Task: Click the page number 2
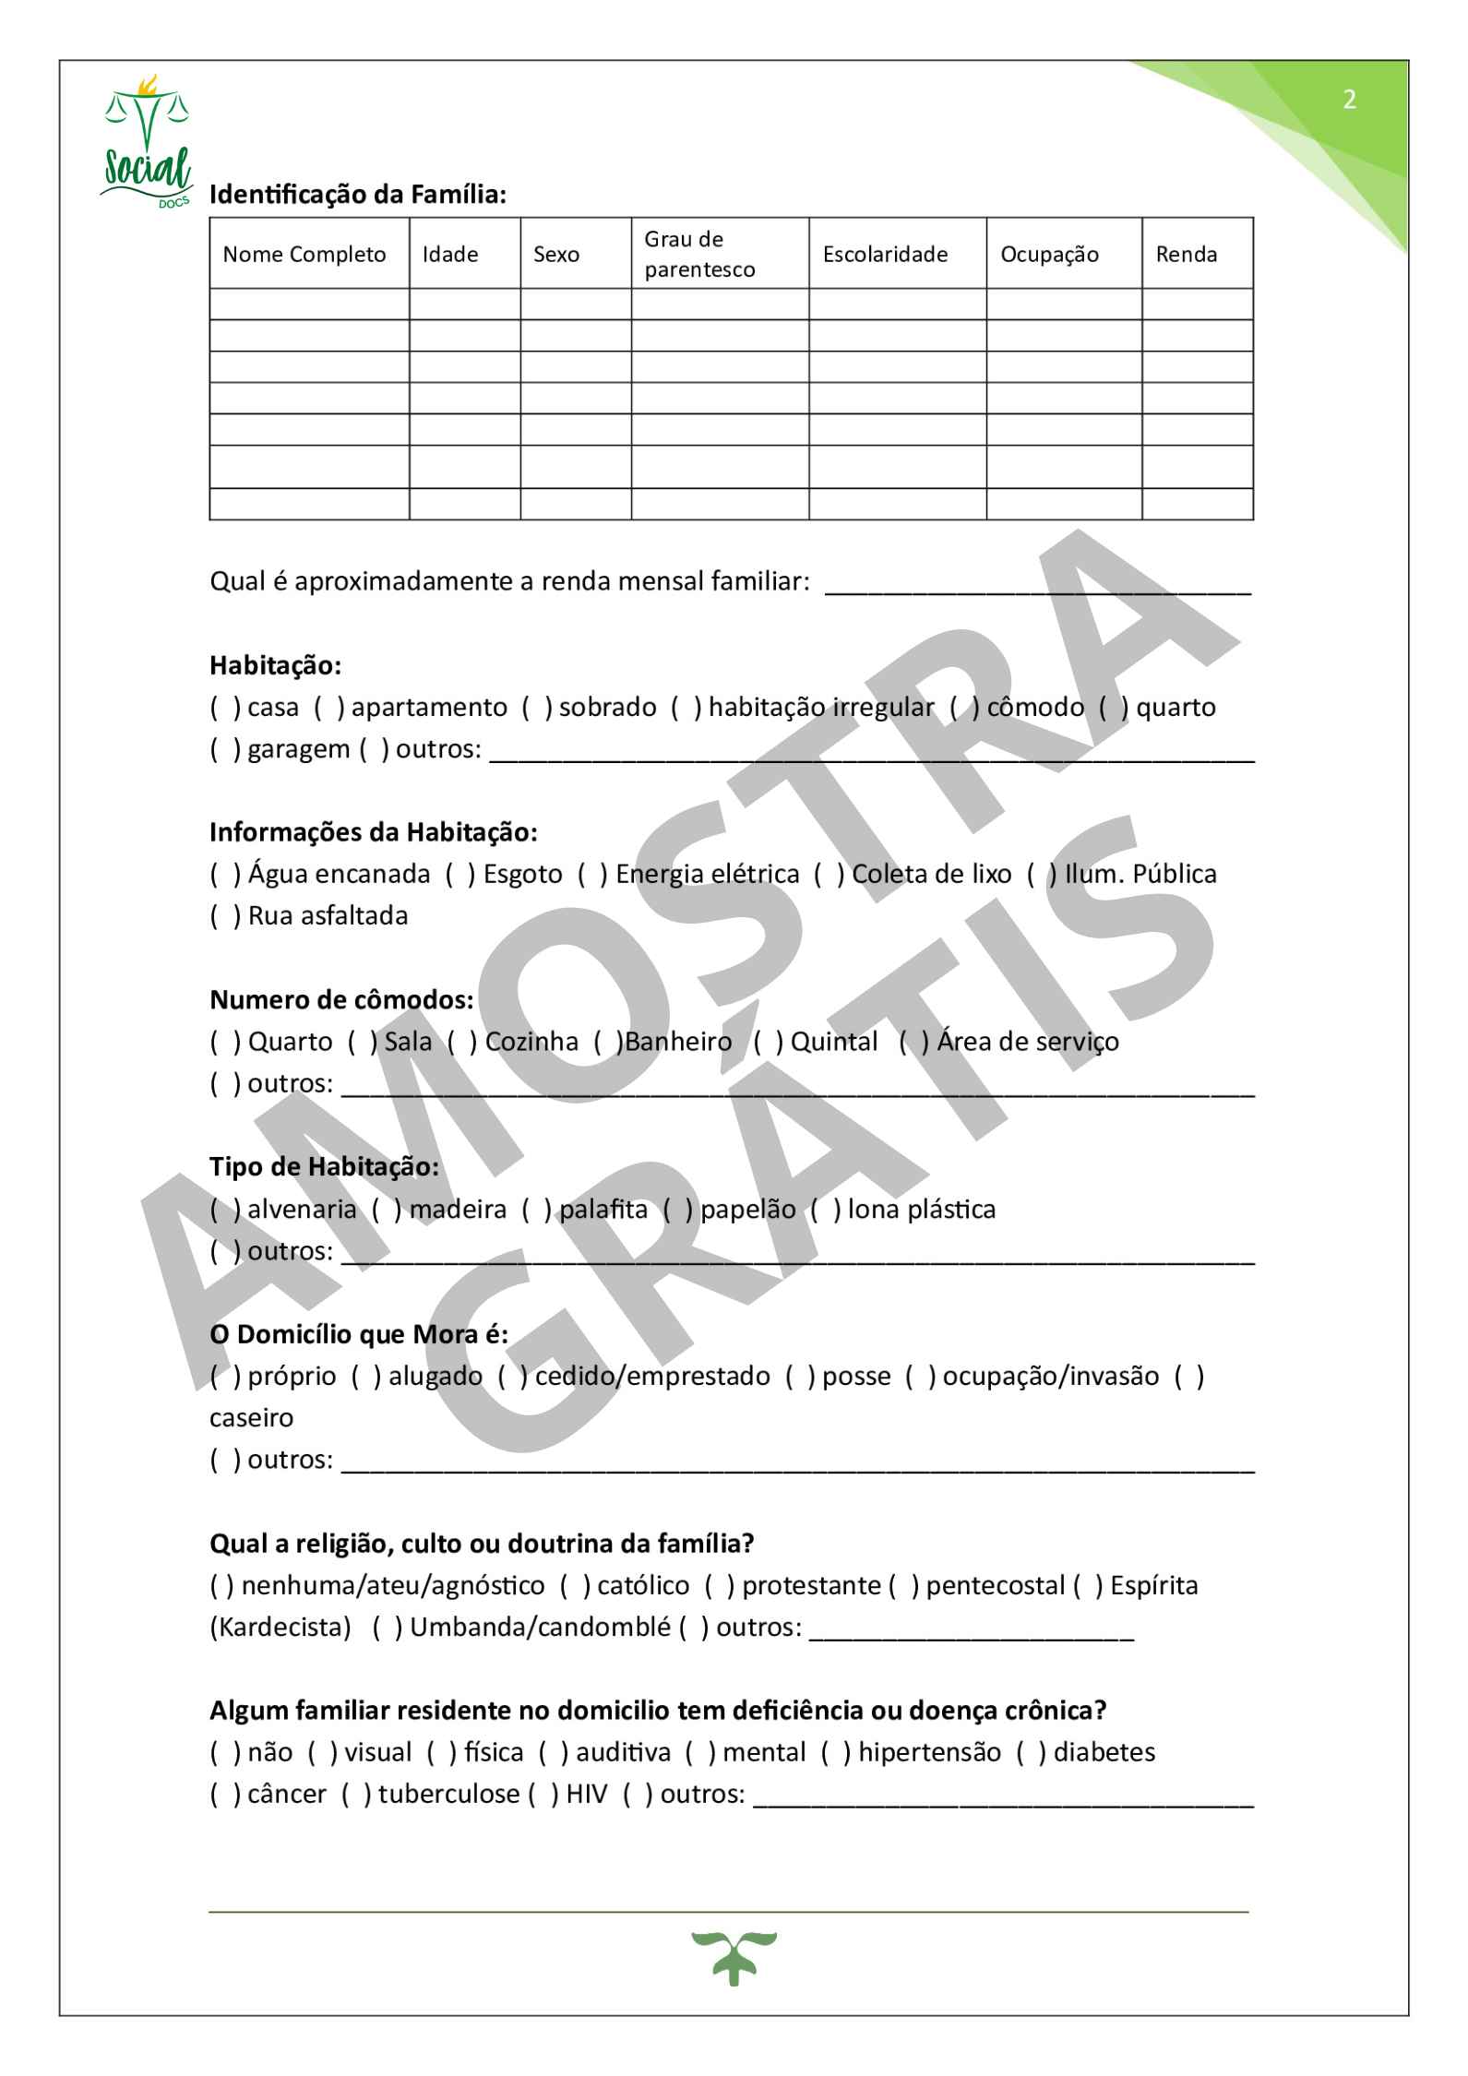click(1349, 100)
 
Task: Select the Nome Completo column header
click(304, 255)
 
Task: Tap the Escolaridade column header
click(885, 255)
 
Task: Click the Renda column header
click(1186, 255)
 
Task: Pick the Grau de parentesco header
click(698, 255)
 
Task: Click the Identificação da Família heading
click(358, 196)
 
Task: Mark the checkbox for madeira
click(386, 1209)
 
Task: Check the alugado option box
click(364, 1377)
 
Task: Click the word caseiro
click(251, 1418)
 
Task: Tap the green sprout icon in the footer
click(734, 1959)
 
